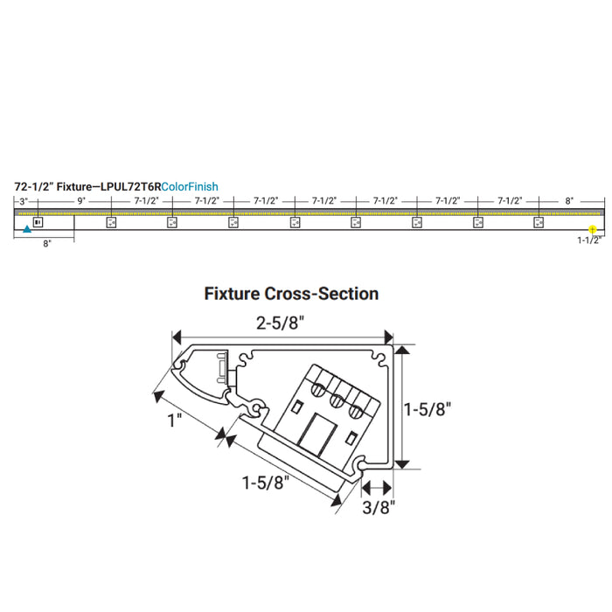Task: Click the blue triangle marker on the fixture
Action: pyautogui.click(x=27, y=229)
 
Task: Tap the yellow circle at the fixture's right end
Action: pyautogui.click(x=592, y=229)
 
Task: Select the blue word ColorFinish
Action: pyautogui.click(x=190, y=186)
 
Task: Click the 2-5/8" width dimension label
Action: pyautogui.click(x=280, y=323)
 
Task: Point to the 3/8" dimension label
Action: pyautogui.click(x=379, y=507)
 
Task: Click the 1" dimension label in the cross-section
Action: pyautogui.click(x=175, y=421)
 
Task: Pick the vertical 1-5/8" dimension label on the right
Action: pyautogui.click(x=428, y=409)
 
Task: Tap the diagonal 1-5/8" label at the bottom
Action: pyautogui.click(x=266, y=483)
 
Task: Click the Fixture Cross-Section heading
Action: pyautogui.click(x=291, y=294)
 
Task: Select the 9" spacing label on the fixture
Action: pyautogui.click(x=81, y=201)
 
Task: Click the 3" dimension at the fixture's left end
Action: pyautogui.click(x=24, y=201)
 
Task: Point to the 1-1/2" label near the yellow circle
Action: pyautogui.click(x=589, y=240)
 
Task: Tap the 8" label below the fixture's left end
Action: pyautogui.click(x=47, y=244)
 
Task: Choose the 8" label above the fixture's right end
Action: pyautogui.click(x=569, y=201)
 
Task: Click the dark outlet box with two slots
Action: pyautogui.click(x=38, y=222)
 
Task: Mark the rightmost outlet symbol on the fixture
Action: pyautogui.click(x=539, y=222)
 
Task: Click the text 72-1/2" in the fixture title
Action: pyautogui.click(x=33, y=186)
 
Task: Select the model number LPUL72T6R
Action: pyautogui.click(x=131, y=186)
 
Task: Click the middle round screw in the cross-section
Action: pyautogui.click(x=337, y=400)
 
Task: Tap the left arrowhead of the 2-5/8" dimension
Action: pyautogui.click(x=177, y=337)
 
